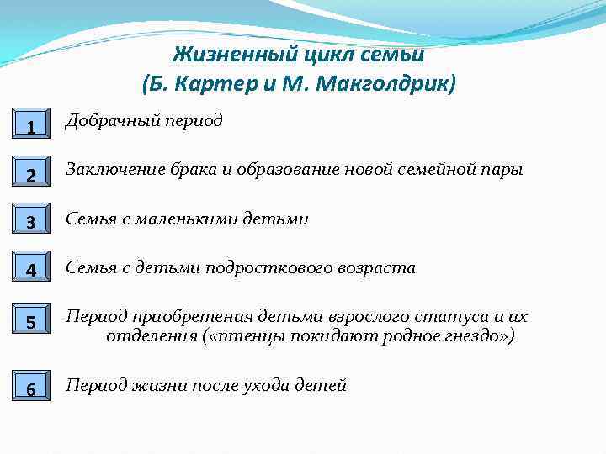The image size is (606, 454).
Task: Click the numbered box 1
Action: pos(29,124)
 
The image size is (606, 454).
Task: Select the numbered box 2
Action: pos(29,173)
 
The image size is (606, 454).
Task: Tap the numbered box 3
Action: pos(29,221)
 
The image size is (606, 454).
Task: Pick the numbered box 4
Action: pos(29,270)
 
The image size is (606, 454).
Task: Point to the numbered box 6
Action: pos(29,388)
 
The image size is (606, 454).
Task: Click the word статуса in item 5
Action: pos(454,318)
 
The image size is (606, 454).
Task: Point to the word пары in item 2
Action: pos(504,170)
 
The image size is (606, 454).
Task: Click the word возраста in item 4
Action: pos(377,268)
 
